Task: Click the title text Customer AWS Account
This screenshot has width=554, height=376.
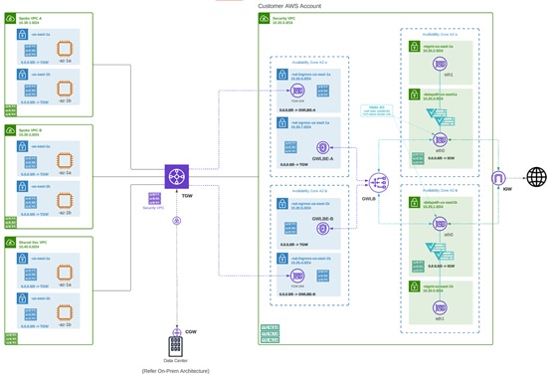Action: point(289,6)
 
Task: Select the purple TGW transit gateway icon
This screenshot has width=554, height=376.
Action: point(177,176)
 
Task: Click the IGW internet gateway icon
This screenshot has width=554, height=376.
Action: point(499,177)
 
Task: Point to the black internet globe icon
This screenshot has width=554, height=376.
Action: point(536,177)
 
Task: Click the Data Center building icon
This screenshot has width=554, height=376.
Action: point(175,346)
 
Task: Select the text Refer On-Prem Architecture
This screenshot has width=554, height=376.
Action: point(175,370)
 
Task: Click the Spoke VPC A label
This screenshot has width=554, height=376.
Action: point(31,19)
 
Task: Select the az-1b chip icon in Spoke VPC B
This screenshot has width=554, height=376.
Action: point(65,199)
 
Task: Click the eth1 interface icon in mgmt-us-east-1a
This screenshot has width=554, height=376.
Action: point(441,63)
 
